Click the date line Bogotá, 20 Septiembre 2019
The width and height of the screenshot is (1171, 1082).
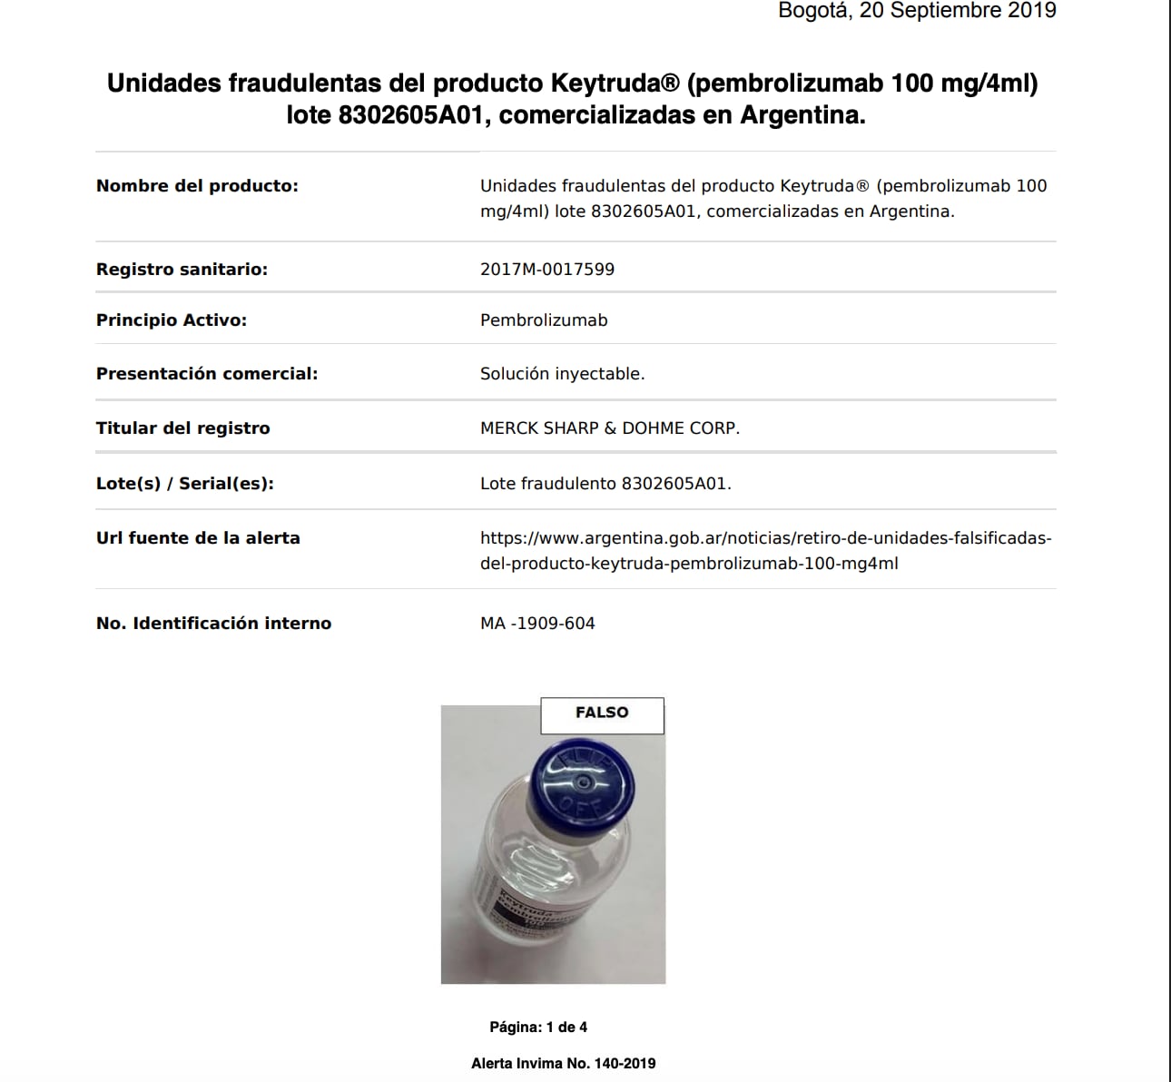[917, 11]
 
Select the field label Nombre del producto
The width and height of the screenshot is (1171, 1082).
[197, 186]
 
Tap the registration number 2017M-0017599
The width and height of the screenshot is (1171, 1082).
[547, 270]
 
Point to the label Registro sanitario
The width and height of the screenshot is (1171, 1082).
[182, 270]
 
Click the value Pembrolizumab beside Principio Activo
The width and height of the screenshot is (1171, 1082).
[544, 320]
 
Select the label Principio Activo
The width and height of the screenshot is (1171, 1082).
[172, 320]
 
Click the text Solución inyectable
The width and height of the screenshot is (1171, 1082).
[562, 374]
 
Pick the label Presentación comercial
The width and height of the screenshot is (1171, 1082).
[207, 374]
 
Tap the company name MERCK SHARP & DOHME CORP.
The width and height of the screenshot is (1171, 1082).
[610, 428]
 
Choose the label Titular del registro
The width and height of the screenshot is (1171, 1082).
[183, 428]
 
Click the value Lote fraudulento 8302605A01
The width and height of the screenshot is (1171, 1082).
[605, 484]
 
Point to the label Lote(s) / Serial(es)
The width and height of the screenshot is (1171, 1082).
[185, 484]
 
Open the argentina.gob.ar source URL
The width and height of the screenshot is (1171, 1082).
[765, 551]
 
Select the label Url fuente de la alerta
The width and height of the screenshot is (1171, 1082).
[198, 538]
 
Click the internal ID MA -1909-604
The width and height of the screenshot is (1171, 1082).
[537, 624]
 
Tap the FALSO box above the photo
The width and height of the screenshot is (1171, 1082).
[602, 714]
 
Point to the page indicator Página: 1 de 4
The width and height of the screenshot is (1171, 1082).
[538, 1028]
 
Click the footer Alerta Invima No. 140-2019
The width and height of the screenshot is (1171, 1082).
[563, 1064]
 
